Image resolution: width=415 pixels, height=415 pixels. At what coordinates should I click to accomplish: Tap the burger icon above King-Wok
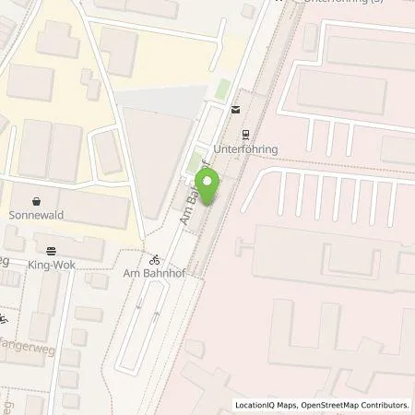click(x=51, y=248)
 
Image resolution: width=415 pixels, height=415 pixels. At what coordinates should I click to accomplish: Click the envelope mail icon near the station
click(x=235, y=109)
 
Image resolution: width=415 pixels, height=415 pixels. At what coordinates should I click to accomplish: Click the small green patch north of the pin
click(x=221, y=89)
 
